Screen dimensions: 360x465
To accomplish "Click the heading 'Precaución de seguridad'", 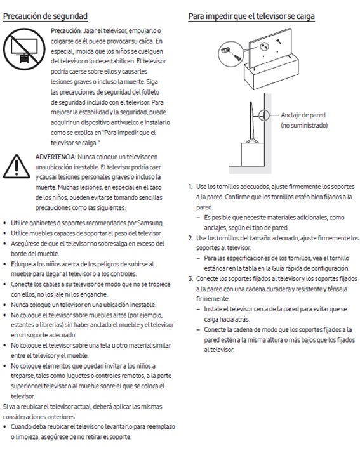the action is (x=45, y=16).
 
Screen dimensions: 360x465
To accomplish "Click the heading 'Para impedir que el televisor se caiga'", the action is (x=251, y=16).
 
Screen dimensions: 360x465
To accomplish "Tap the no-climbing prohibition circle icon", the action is (x=24, y=49).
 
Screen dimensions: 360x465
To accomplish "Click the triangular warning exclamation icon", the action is (x=17, y=166).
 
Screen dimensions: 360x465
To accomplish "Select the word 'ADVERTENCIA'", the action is (x=55, y=157).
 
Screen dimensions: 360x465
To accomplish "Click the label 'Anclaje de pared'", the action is (x=303, y=115).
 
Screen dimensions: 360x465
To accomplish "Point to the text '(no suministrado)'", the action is (x=304, y=125).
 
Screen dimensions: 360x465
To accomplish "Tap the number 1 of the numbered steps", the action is (x=190, y=187).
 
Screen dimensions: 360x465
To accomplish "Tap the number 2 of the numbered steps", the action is (x=190, y=238).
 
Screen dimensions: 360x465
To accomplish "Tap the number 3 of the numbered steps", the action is (x=190, y=278).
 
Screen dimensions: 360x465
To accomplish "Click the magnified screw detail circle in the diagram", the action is (x=231, y=53).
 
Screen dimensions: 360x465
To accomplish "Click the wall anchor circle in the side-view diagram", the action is (x=263, y=115).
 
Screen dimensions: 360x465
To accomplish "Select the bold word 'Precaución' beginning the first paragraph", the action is (x=65, y=30).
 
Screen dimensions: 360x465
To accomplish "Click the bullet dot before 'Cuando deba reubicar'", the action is (x=4, y=427).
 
